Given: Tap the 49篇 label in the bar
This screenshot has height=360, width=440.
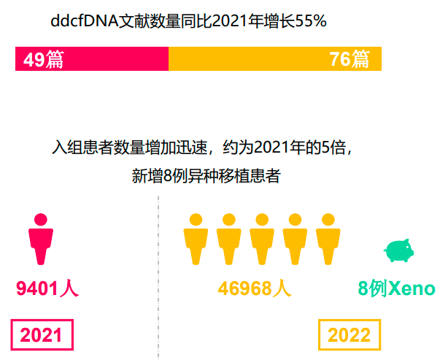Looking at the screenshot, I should point(43,59).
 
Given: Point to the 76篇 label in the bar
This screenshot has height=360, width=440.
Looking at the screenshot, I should point(350,59).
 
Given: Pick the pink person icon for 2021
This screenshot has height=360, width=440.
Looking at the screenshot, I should point(41,240).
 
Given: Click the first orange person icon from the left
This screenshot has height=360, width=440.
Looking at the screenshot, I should point(196,240).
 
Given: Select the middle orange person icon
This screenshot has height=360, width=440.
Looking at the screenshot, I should point(262,240).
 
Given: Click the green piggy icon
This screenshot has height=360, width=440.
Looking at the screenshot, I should point(398,250).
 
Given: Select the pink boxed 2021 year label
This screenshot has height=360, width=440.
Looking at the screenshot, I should point(42,335).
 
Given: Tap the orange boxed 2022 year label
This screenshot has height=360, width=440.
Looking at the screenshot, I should point(350,335).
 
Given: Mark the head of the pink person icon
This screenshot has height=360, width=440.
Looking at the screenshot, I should point(41,219).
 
